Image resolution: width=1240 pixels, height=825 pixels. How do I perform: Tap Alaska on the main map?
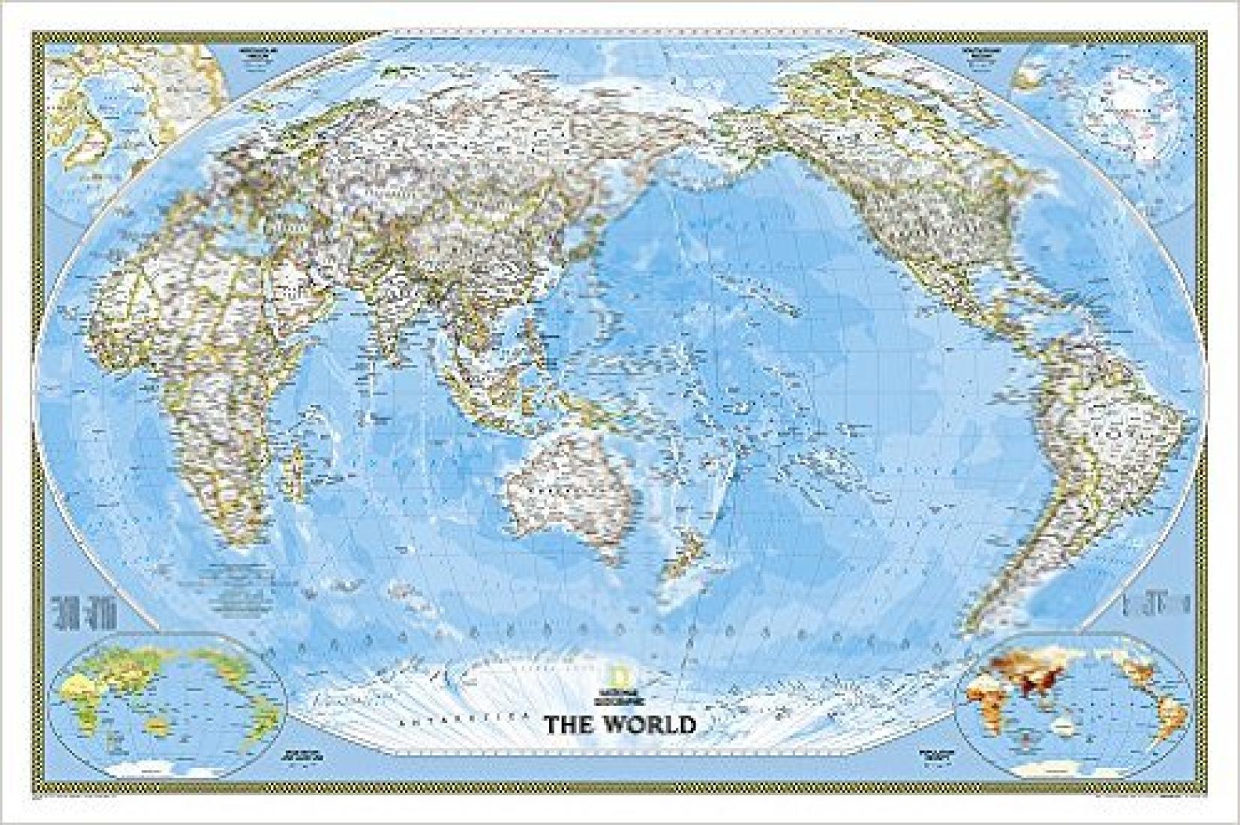(x=780, y=142)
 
